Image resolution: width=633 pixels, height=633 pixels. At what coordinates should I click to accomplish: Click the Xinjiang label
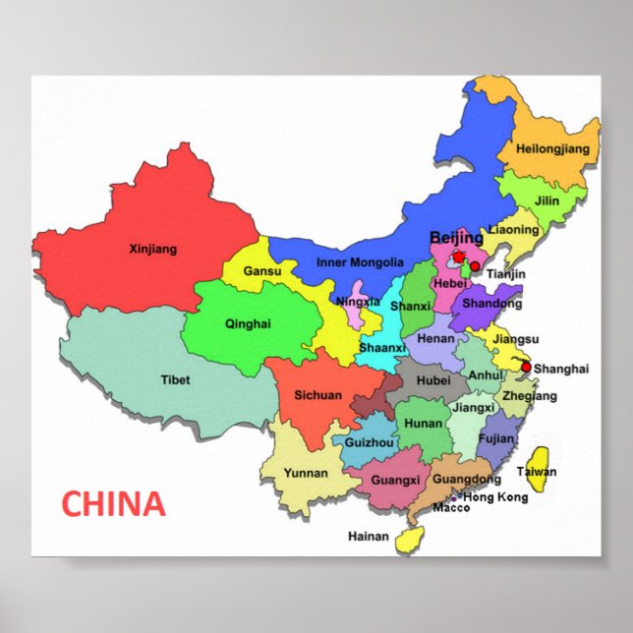[153, 250]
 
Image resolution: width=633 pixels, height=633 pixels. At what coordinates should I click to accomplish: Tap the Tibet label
[175, 379]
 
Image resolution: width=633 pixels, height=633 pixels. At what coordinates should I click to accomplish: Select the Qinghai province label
[247, 323]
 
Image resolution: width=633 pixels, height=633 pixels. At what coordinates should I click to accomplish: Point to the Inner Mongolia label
[360, 262]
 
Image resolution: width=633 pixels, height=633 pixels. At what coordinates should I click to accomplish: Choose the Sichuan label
[317, 395]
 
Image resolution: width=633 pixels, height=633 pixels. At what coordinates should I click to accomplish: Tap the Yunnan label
[306, 473]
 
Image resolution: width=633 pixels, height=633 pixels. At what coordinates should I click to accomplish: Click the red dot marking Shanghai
[526, 368]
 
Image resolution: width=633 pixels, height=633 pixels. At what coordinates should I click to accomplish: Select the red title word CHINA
[113, 504]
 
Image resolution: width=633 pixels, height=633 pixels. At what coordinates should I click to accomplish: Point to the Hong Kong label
[495, 497]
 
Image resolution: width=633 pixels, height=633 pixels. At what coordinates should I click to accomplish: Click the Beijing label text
[457, 238]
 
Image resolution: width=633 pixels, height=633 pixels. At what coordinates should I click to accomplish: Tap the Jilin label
[547, 201]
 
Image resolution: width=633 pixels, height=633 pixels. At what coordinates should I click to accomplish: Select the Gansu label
[262, 271]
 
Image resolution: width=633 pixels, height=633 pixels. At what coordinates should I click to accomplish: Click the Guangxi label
[396, 481]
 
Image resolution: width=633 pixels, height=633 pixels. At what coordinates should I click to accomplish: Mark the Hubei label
[433, 380]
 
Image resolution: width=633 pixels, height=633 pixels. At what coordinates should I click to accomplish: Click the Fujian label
[496, 439]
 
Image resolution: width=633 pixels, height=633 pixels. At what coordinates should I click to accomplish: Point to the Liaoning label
[514, 230]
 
